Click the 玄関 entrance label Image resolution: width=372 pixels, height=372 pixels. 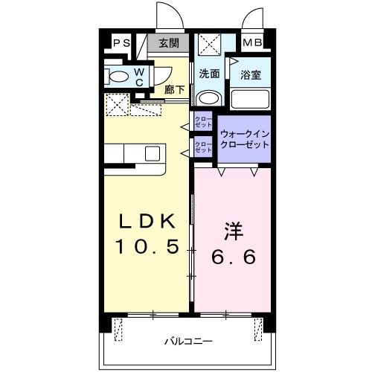click(168, 43)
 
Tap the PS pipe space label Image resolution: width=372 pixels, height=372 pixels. click(121, 43)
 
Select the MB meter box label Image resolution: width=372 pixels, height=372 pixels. click(253, 43)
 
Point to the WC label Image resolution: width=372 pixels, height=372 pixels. click(139, 77)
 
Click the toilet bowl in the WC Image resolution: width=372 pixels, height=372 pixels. click(118, 76)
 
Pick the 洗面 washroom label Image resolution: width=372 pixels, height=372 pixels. click(210, 74)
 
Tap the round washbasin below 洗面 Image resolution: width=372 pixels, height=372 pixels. click(210, 98)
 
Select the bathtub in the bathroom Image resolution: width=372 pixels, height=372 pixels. click(249, 99)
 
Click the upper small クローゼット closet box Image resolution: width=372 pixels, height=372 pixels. click(203, 121)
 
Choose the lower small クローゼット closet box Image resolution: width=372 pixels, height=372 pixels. click(203, 146)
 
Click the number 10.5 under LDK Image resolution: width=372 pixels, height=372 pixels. click(147, 247)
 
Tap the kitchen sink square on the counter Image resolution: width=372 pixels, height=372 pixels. click(153, 154)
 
